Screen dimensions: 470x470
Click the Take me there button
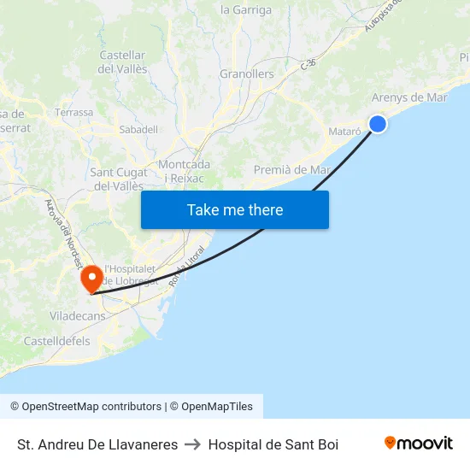[235, 209]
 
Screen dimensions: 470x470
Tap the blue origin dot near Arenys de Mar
[378, 124]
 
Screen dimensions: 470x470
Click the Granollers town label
[247, 74]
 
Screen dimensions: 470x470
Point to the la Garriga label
[246, 10]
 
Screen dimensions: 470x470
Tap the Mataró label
[344, 132]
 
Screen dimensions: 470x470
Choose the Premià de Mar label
[292, 170]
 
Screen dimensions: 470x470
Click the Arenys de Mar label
[409, 97]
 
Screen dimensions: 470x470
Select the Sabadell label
[138, 129]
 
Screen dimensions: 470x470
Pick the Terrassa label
[73, 112]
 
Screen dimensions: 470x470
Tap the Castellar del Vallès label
[123, 62]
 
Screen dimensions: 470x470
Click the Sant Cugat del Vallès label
[118, 179]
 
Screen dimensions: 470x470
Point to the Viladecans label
[77, 315]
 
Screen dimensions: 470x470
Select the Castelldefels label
[56, 341]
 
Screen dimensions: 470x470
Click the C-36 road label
[309, 63]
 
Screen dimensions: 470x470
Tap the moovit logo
[419, 444]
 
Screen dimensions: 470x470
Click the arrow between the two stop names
[193, 444]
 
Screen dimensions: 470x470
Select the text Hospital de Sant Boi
[273, 444]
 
